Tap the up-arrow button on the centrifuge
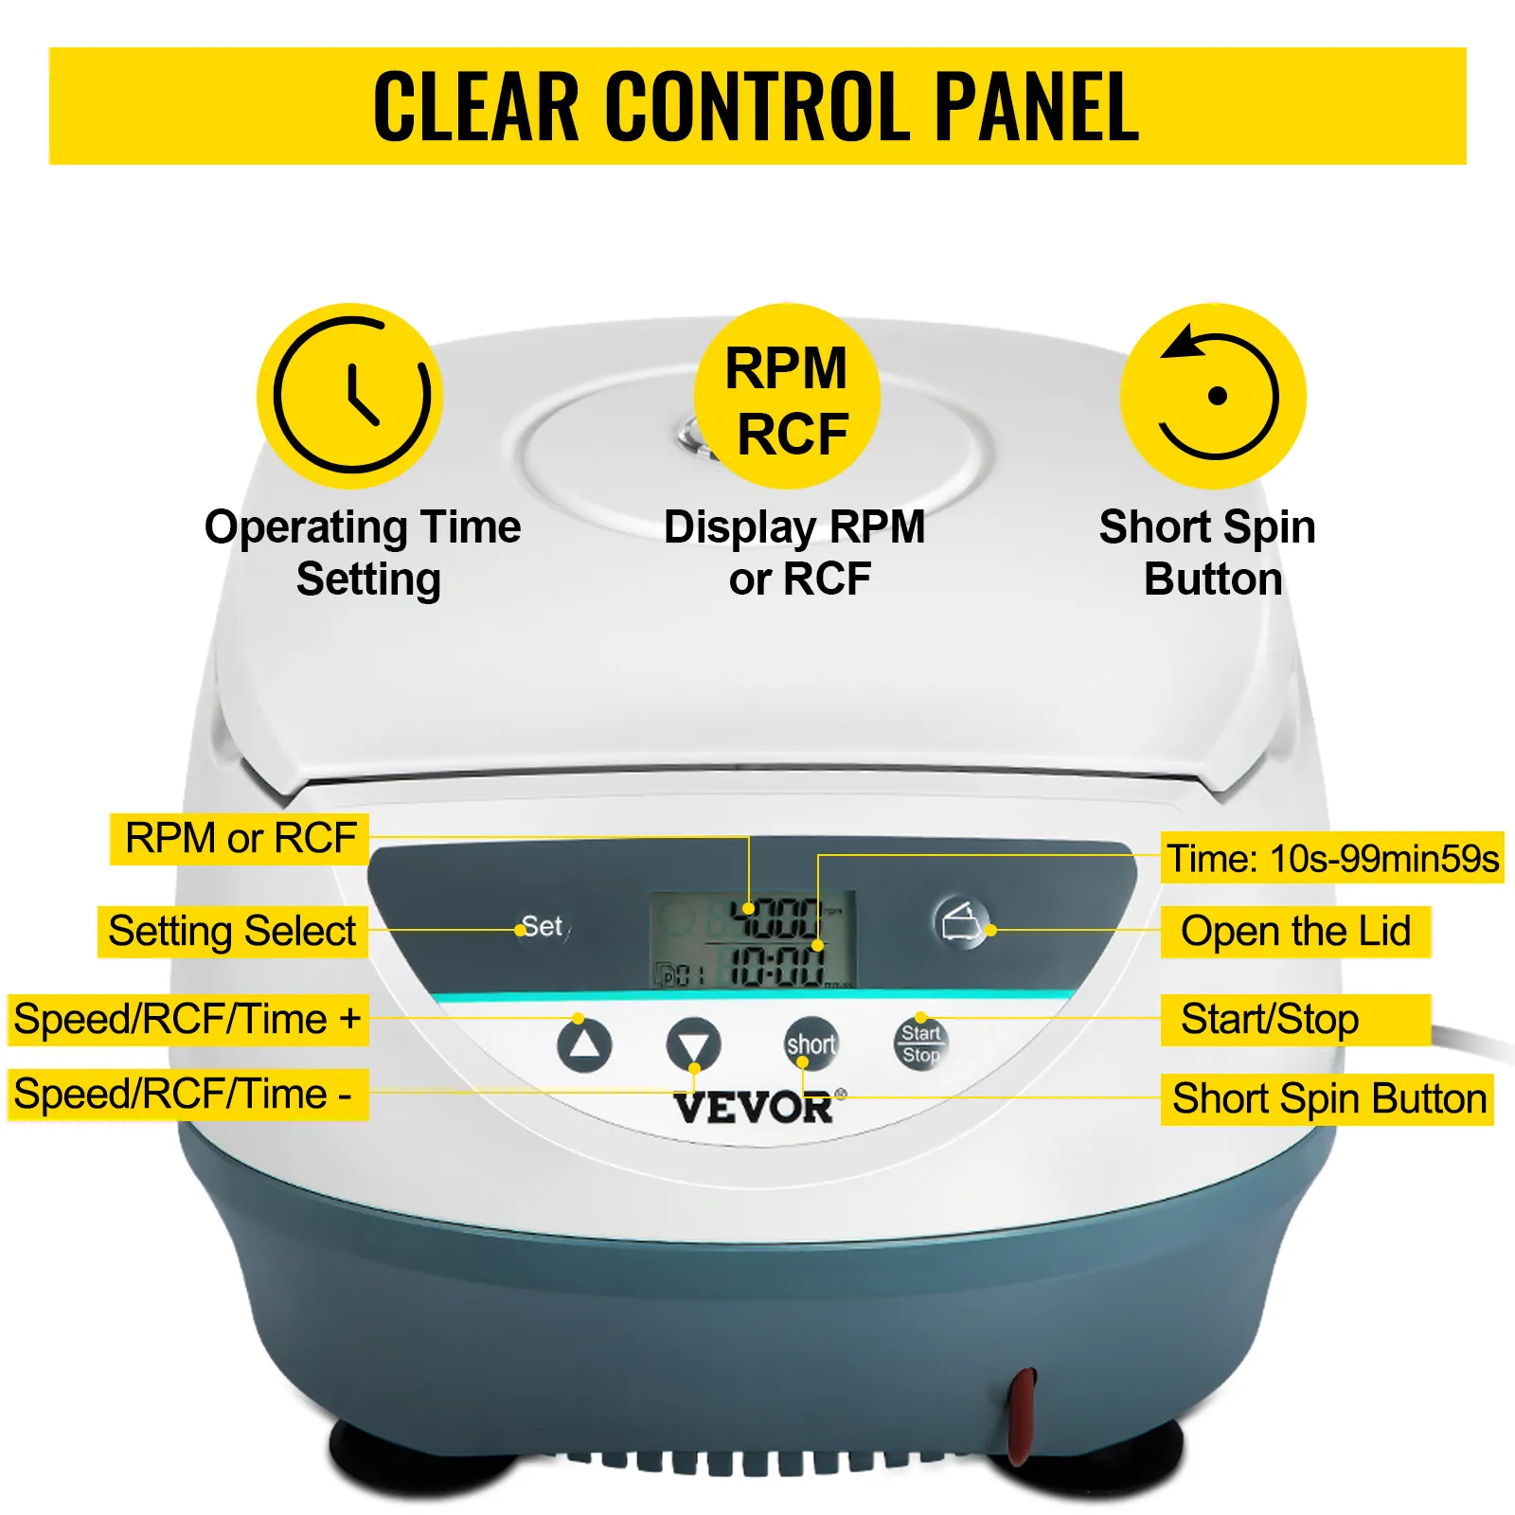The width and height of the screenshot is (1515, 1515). (584, 1044)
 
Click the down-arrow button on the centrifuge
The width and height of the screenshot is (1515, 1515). (694, 1044)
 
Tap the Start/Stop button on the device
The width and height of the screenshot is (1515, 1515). (920, 1043)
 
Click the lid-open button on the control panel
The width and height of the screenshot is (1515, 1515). (961, 921)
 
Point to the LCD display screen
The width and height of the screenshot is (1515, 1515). (753, 939)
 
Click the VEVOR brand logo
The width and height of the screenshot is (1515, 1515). (755, 1107)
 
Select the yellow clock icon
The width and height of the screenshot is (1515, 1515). (350, 396)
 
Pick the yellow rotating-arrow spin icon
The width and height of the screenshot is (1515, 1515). (1214, 396)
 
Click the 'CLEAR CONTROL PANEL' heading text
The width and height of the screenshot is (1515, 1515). (757, 106)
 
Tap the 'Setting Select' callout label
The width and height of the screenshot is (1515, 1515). (233, 931)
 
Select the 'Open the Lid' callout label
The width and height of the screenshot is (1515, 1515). (1295, 932)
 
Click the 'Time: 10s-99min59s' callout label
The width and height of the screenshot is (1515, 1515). (1332, 858)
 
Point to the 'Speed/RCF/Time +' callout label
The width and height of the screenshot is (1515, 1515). (187, 1020)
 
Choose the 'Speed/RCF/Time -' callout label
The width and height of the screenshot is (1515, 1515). (187, 1095)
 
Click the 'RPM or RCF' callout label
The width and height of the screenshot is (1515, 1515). (240, 838)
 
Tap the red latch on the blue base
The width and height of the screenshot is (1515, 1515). (1021, 1416)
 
